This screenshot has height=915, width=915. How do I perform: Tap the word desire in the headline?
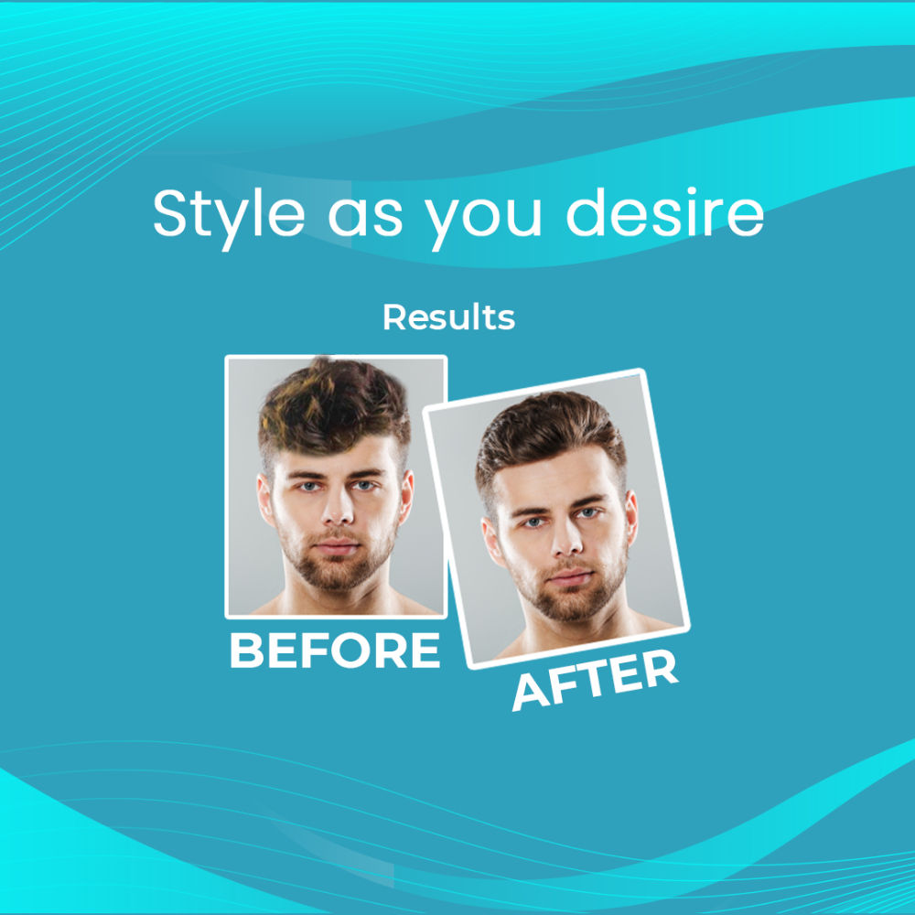pos(664,212)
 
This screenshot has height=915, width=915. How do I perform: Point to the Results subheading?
pos(448,317)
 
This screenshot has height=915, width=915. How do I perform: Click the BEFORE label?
pos(335,650)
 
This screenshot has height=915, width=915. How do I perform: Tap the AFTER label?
pos(595,680)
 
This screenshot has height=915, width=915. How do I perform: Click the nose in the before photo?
pos(339,509)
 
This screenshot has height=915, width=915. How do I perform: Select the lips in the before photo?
pos(337,547)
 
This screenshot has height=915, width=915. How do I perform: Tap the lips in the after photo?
pos(571,577)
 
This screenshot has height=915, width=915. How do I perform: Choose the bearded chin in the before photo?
pos(338,572)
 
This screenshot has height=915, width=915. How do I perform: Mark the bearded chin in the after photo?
pos(575,604)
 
